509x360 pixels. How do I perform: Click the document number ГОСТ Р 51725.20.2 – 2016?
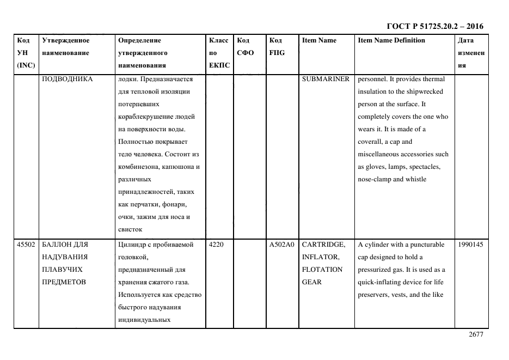pos(434,26)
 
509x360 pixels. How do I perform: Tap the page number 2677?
pos(476,335)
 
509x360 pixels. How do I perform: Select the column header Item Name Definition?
pos(391,40)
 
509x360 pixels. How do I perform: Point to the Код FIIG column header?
pos(277,47)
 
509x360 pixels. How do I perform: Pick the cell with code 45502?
pos(26,245)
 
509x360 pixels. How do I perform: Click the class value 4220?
pos(216,245)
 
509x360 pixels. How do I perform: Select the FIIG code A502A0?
pos(281,245)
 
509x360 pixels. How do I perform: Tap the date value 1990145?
pos(470,245)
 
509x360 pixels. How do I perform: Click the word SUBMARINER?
pos(326,79)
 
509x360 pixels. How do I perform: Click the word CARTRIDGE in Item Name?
pos(323,245)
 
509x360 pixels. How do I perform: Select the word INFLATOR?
pos(321,257)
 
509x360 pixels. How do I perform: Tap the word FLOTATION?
pos(322,270)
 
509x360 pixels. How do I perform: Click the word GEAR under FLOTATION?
pos(311,282)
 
